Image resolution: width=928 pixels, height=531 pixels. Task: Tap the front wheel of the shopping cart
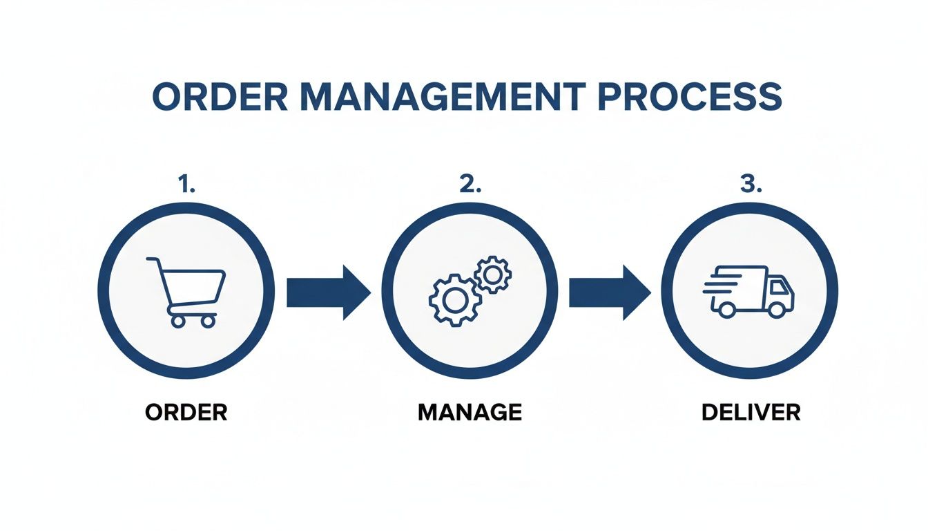tap(208, 321)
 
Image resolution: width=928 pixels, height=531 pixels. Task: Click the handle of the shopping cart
tap(152, 261)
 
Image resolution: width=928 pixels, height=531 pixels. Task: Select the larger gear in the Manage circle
tap(454, 299)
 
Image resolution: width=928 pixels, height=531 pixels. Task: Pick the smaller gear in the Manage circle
tap(492, 274)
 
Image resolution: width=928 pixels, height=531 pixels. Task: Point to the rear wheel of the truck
tap(726, 309)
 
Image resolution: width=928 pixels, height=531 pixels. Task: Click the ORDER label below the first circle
tap(186, 413)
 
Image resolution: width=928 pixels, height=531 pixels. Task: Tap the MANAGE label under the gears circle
tap(470, 413)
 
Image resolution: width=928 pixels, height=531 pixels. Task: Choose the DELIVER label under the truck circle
tap(751, 413)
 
